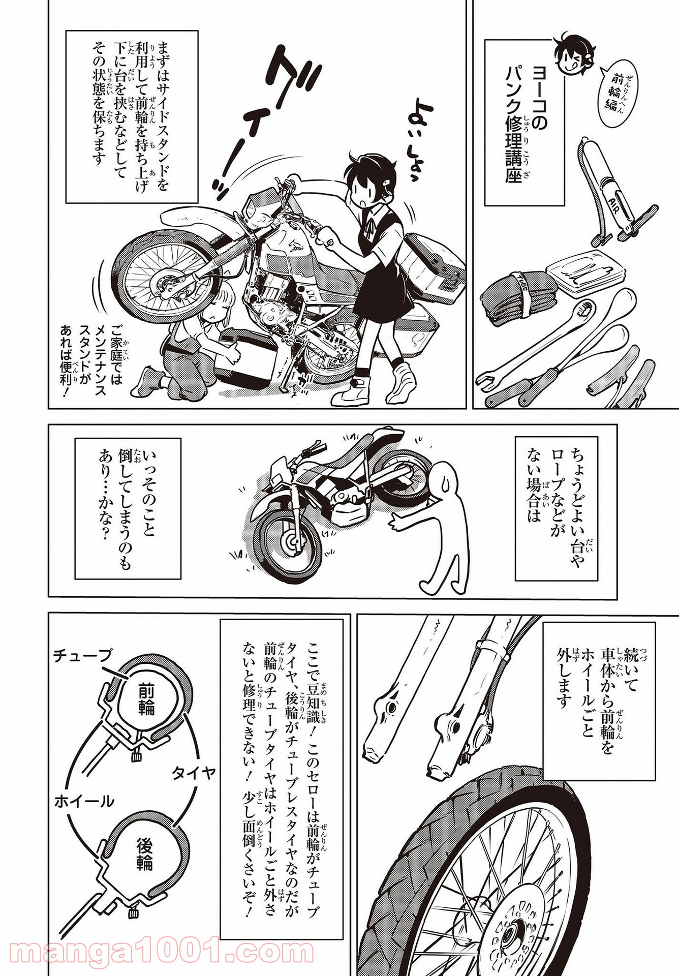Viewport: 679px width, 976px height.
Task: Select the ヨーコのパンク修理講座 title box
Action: (524, 123)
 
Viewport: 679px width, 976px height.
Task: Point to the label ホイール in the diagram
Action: (84, 802)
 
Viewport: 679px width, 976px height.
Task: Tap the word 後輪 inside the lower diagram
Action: (145, 854)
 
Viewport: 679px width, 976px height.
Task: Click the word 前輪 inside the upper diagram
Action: (145, 699)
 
